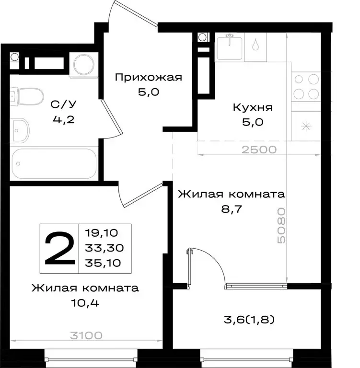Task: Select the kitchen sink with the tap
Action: (x=230, y=46)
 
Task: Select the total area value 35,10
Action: (x=101, y=262)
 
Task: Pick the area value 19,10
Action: (x=101, y=233)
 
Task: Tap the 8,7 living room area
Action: (x=231, y=209)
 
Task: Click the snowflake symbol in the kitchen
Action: (x=306, y=126)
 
